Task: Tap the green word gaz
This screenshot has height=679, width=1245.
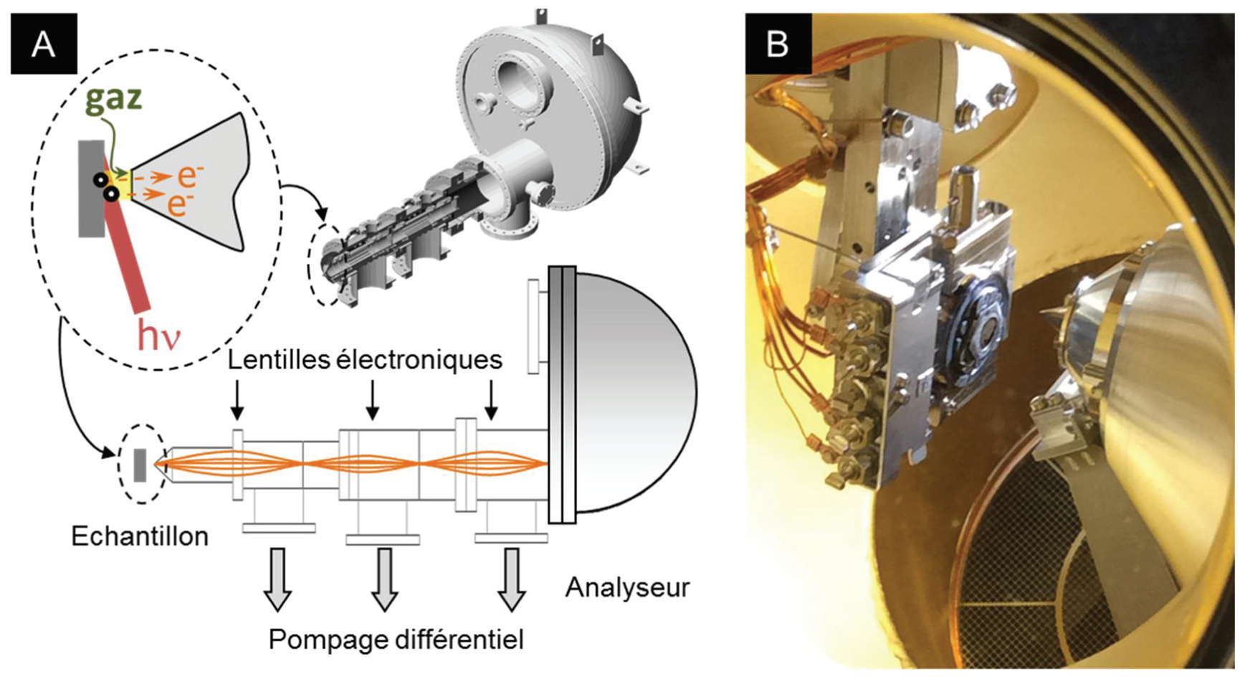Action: (113, 98)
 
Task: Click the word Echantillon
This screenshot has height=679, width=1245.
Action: (140, 536)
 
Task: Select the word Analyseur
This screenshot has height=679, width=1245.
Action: (627, 587)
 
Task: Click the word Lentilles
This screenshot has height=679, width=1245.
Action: (280, 359)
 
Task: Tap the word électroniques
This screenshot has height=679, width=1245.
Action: (419, 359)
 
